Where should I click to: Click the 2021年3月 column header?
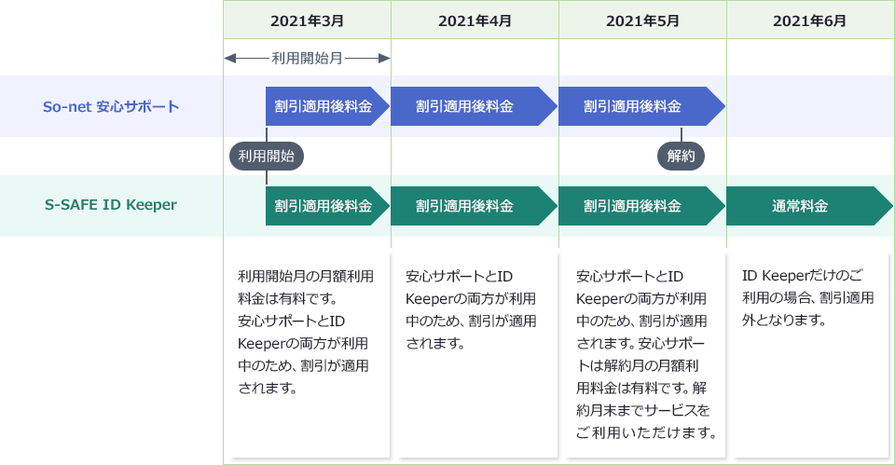(307, 21)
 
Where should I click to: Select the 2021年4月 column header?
(475, 21)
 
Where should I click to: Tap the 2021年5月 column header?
(642, 21)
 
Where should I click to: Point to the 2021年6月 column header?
(810, 21)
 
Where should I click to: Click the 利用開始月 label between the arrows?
(307, 58)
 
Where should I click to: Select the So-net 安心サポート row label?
(111, 106)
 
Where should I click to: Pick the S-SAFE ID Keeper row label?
(111, 205)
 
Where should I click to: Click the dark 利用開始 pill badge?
(267, 156)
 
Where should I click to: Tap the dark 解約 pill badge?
(682, 156)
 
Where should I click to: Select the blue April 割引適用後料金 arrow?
(471, 106)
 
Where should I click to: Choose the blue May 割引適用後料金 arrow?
(639, 106)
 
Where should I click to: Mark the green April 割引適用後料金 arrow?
(471, 206)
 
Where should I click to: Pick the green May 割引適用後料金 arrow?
(639, 206)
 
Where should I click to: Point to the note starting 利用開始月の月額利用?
(306, 331)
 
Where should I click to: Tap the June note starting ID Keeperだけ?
(808, 297)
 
